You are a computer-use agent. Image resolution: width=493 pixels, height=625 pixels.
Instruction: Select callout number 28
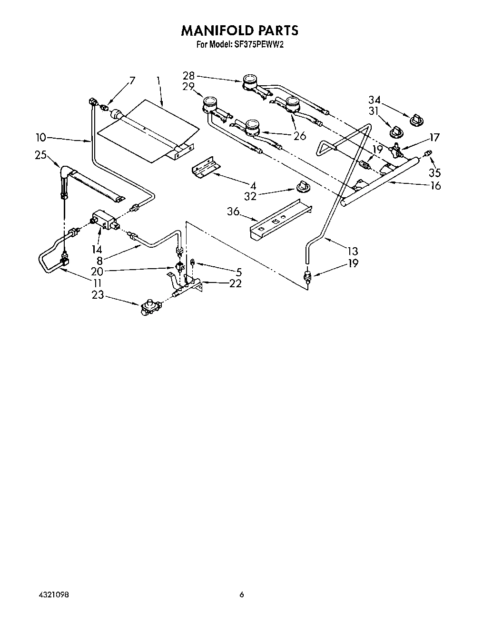click(x=189, y=75)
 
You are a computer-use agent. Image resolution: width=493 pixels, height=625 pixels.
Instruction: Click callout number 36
click(x=233, y=211)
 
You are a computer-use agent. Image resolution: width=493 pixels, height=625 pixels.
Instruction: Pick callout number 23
click(x=98, y=295)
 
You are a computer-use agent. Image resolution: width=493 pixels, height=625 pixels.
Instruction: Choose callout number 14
click(x=97, y=249)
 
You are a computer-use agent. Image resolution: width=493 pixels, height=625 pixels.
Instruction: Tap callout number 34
click(x=375, y=100)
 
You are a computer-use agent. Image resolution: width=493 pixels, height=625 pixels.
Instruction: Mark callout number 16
click(x=435, y=185)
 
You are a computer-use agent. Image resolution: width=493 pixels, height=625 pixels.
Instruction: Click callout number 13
click(x=353, y=251)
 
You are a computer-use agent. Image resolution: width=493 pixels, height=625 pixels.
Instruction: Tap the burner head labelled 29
click(x=209, y=105)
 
